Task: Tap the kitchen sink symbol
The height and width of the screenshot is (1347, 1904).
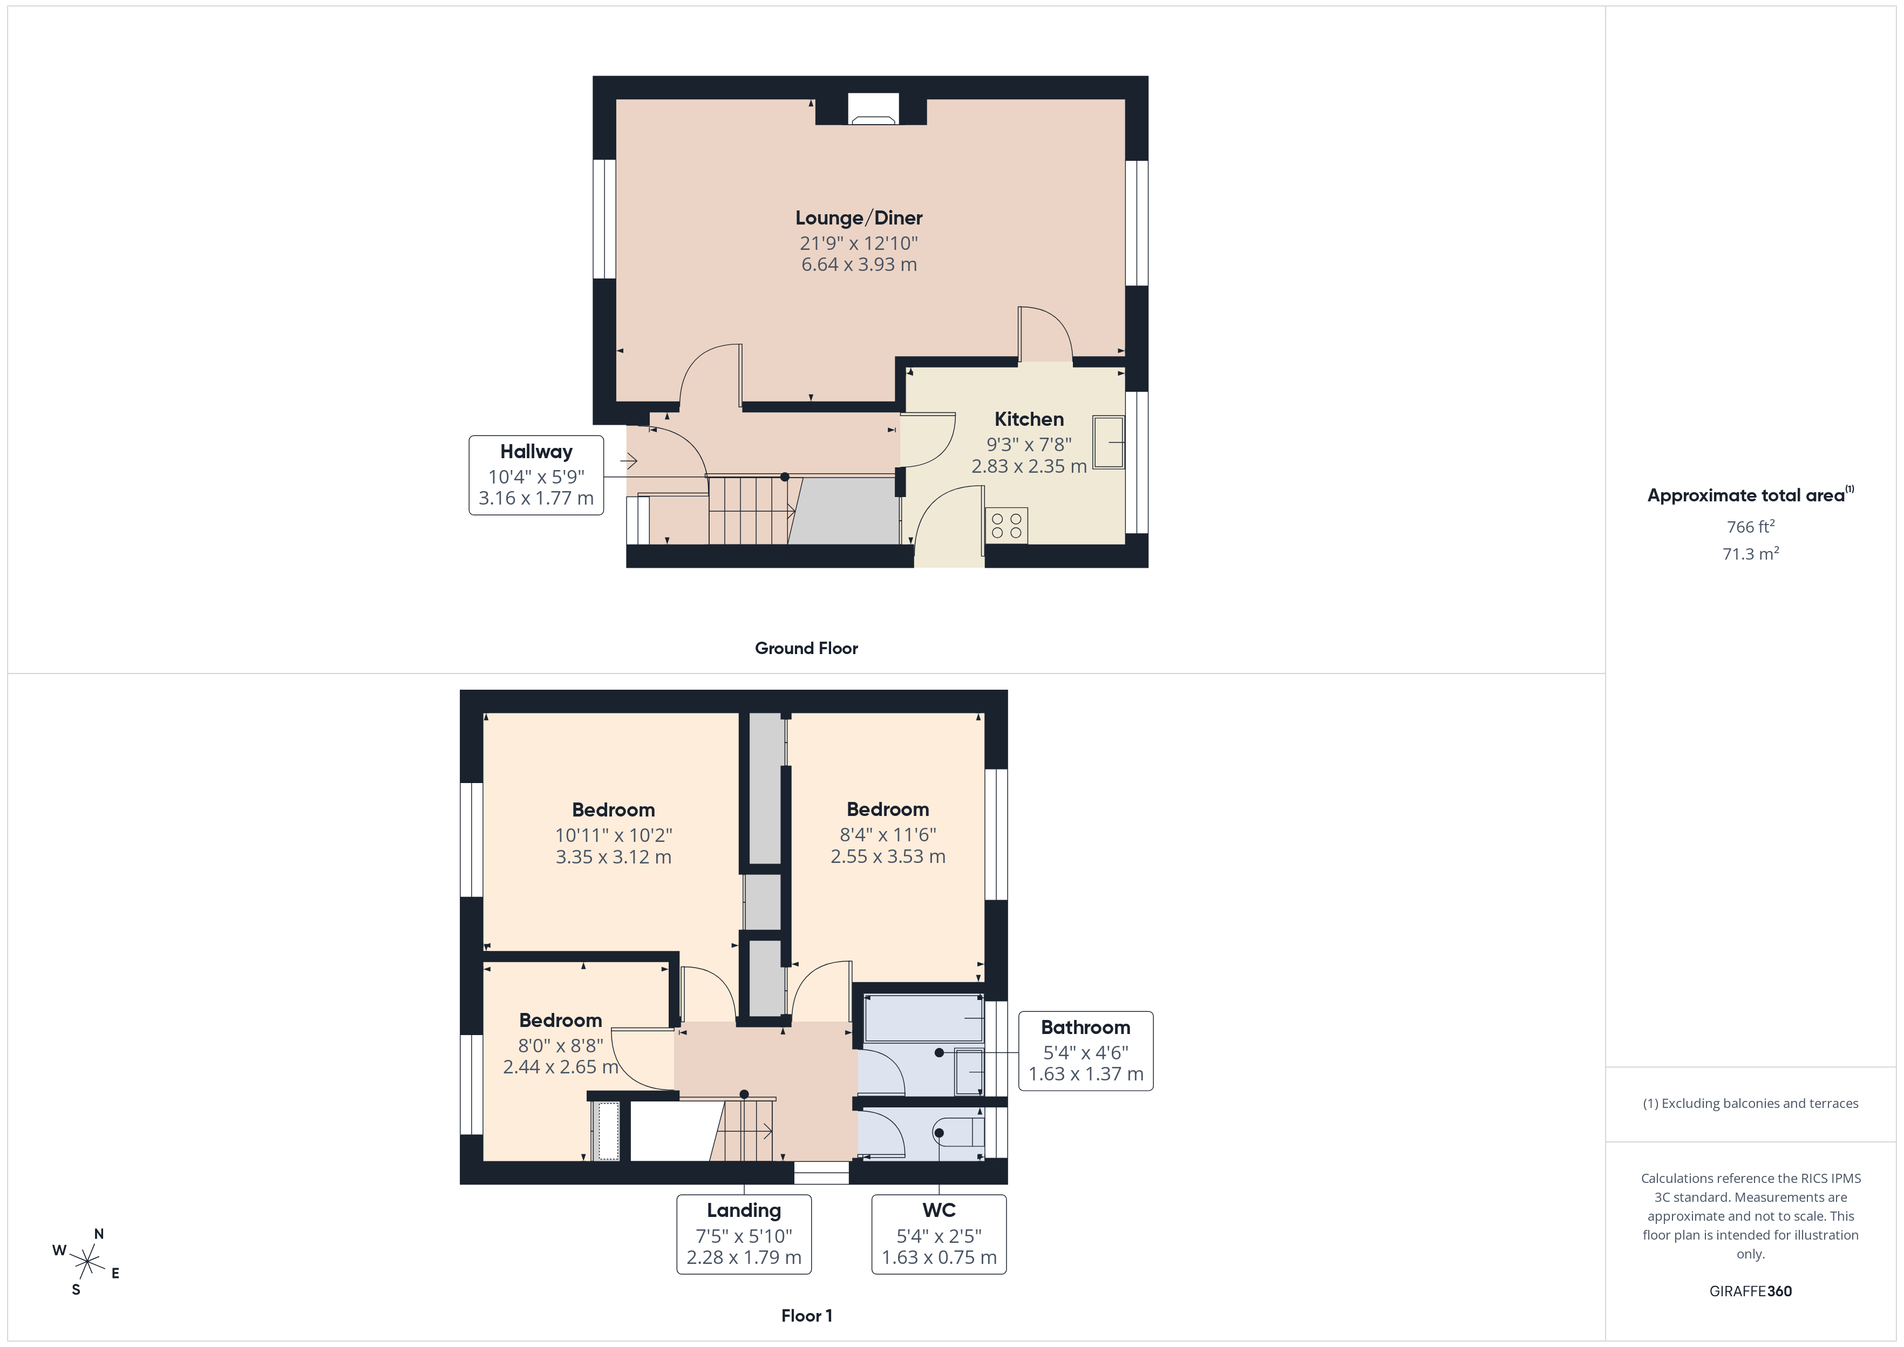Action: (x=1109, y=443)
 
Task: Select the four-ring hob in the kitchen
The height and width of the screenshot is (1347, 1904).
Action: (x=1007, y=526)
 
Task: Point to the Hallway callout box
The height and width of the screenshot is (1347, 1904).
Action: (x=536, y=475)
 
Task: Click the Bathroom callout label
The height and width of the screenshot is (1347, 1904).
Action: (x=1085, y=1028)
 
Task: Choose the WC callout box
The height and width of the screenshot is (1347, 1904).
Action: (x=939, y=1234)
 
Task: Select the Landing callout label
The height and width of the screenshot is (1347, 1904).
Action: (x=744, y=1211)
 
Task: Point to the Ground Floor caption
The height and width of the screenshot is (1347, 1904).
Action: (x=806, y=649)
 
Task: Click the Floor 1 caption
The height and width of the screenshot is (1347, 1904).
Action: (x=806, y=1316)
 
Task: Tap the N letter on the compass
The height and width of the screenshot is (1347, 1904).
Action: (x=99, y=1234)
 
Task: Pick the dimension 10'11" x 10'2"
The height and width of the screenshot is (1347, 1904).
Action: (x=613, y=835)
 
